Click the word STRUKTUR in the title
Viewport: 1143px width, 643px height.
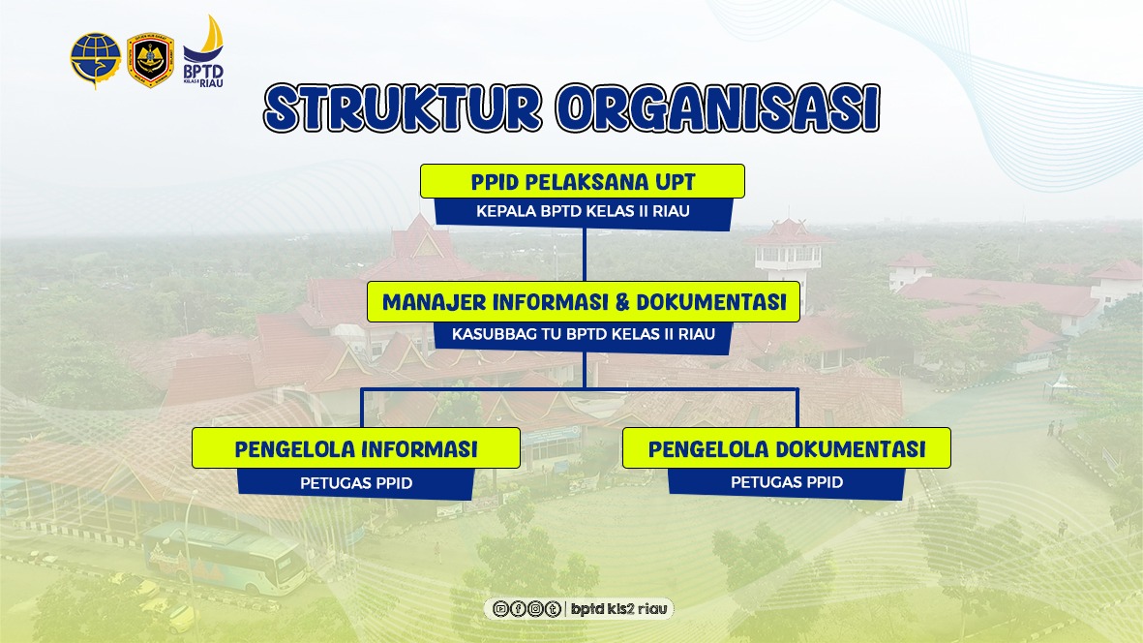(x=403, y=107)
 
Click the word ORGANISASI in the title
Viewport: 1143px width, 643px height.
(x=718, y=107)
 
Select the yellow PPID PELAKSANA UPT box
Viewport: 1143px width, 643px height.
(x=583, y=181)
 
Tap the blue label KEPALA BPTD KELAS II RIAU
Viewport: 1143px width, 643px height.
(x=584, y=212)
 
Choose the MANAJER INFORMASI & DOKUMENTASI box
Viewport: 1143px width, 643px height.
(x=584, y=302)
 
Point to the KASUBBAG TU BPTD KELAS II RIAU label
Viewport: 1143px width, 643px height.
(x=584, y=335)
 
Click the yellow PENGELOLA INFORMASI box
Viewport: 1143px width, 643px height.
(x=356, y=448)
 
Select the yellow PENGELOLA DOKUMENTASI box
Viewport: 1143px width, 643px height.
(x=787, y=448)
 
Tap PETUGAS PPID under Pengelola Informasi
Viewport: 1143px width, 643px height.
(x=356, y=483)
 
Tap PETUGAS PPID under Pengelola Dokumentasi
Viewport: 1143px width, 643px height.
(x=787, y=482)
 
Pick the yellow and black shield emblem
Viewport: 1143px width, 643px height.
(x=150, y=60)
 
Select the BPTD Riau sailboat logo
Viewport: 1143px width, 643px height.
(x=203, y=51)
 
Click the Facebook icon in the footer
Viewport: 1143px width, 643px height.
(x=519, y=609)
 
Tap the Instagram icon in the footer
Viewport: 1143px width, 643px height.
(x=536, y=609)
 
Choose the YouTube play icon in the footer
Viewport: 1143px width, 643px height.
(x=500, y=609)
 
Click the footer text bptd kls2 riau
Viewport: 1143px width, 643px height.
(x=618, y=609)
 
